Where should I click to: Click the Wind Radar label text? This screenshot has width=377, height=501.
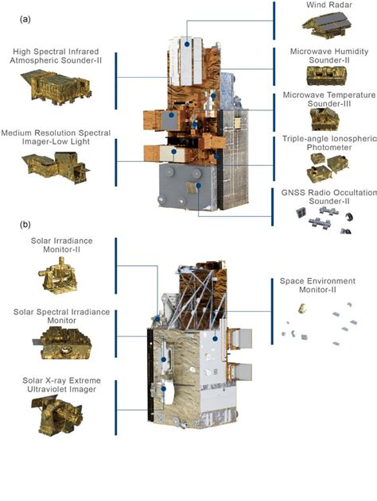(329, 5)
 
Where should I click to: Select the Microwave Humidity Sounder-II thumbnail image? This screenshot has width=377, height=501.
(326, 75)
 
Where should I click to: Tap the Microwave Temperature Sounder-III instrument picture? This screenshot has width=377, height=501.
(325, 119)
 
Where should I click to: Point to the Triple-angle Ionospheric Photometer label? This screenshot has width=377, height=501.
(329, 143)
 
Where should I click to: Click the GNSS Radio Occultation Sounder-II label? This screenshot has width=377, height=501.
(329, 197)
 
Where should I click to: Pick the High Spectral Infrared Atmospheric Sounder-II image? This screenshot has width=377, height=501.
(56, 87)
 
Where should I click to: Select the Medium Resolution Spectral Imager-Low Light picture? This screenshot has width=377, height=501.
(56, 168)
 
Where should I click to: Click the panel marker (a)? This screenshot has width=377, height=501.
(25, 20)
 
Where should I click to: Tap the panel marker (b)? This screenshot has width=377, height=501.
(25, 225)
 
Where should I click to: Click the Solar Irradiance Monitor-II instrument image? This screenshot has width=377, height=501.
(58, 276)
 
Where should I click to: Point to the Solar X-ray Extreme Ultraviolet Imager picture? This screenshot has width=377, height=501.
(56, 414)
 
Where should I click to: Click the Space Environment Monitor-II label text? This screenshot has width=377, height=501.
(317, 285)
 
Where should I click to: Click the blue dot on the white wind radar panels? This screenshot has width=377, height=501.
(187, 44)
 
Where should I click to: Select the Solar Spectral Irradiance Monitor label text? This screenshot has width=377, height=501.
(62, 316)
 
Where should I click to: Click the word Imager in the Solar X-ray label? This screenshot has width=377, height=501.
(84, 390)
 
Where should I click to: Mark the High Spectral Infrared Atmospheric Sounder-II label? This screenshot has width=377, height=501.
(56, 56)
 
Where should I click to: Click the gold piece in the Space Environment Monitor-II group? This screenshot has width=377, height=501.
(302, 309)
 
